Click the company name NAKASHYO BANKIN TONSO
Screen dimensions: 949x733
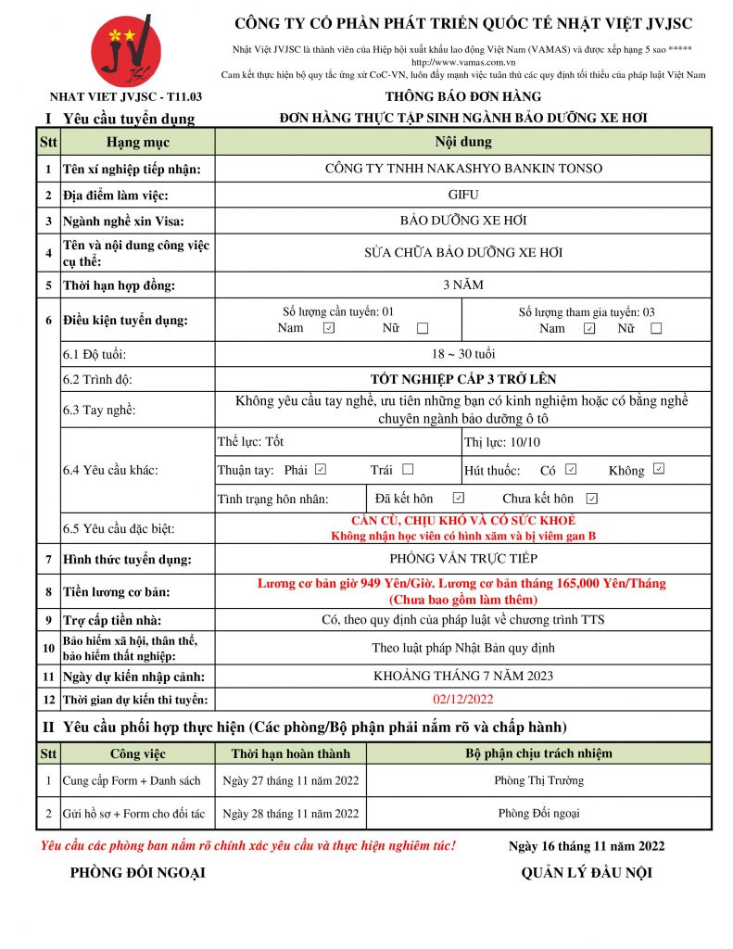(463, 169)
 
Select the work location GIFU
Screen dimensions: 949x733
(463, 196)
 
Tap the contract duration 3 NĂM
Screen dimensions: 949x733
(463, 285)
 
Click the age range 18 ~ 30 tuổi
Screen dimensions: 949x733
(463, 354)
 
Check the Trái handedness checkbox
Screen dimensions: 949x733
(408, 470)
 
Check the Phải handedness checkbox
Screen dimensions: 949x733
(321, 470)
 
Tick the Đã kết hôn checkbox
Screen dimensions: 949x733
(458, 499)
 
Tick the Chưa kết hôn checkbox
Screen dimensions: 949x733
(592, 499)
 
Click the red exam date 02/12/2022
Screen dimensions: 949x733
(463, 699)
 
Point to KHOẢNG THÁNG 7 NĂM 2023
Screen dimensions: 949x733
(463, 676)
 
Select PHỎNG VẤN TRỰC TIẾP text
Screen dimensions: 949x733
(463, 559)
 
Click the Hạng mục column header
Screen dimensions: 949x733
(138, 142)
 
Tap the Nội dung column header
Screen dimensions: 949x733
(463, 142)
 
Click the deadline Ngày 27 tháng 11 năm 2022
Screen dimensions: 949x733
(291, 780)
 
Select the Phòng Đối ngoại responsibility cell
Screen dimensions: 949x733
(538, 814)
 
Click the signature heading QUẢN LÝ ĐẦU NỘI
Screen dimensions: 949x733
(587, 873)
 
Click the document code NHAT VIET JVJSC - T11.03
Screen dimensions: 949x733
(126, 97)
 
